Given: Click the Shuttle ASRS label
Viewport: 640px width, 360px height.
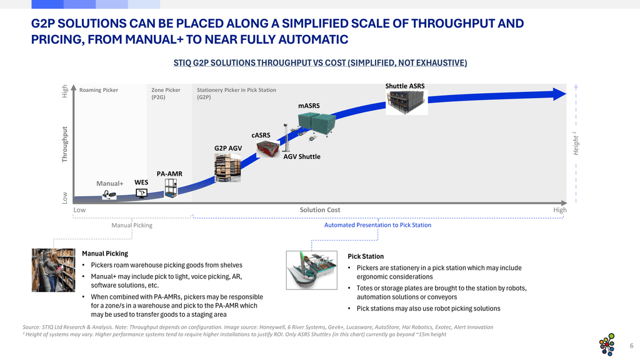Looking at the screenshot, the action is coord(405,86).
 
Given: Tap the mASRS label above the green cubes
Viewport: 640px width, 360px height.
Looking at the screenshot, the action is coord(309,106).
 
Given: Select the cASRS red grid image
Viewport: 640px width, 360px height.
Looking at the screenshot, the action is coord(268,149).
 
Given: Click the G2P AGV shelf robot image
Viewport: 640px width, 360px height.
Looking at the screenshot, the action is coord(227,167).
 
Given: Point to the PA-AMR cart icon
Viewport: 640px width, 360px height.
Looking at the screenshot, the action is coord(171,188).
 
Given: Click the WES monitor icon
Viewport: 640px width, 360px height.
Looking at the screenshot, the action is coord(141,193).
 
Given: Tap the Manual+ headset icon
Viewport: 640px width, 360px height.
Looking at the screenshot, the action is coord(109,194).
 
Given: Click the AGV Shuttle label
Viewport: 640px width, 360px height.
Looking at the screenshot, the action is coord(302,157).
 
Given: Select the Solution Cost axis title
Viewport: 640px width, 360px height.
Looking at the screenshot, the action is coord(320,210).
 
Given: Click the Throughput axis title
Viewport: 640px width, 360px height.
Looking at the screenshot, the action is coord(64,144).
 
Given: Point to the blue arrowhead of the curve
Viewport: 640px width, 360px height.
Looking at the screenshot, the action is coord(559,94).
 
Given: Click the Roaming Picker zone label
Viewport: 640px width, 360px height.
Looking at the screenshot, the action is coord(99,90).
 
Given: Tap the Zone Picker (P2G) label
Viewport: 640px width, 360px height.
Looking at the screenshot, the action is coord(166,94).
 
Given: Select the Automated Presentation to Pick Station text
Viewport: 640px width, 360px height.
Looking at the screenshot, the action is coord(377,225).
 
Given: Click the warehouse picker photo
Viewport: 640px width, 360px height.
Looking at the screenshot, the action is coord(54,270).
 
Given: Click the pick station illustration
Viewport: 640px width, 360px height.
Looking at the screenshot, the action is coord(312,270).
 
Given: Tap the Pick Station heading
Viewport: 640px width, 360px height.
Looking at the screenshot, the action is coord(366,256).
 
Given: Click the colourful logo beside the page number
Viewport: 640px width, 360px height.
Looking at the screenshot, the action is coord(607,344).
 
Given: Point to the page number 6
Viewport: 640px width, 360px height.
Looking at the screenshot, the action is coord(631,346).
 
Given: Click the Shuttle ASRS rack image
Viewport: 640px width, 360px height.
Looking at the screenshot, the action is coord(406,102).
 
